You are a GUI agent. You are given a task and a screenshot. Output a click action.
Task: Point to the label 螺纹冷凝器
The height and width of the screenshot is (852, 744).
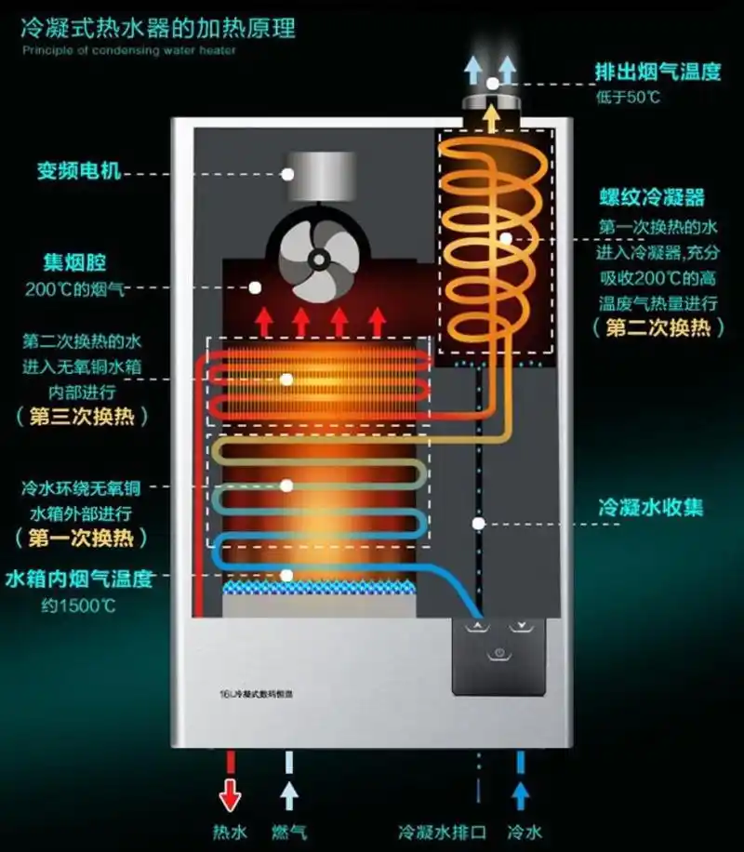click(651, 197)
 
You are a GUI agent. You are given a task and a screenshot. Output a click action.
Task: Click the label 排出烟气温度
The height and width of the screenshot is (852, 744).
click(658, 72)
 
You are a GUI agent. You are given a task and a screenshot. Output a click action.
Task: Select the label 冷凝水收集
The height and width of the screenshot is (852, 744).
click(650, 508)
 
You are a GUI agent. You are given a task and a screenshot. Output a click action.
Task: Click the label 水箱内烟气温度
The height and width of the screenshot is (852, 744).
click(78, 579)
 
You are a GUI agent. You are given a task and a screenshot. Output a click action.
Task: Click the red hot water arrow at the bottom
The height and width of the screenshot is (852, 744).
click(228, 791)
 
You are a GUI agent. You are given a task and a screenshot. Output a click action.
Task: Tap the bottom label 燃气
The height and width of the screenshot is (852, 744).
click(289, 831)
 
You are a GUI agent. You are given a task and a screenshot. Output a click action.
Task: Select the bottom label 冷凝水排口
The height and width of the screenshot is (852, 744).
click(440, 831)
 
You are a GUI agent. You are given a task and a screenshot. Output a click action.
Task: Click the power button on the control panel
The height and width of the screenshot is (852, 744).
click(499, 653)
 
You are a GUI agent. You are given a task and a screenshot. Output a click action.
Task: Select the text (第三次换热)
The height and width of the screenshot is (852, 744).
click(82, 416)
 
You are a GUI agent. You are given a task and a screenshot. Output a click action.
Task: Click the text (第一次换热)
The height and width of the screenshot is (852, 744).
click(82, 538)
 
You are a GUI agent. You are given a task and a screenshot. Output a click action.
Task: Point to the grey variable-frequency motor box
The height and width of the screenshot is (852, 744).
click(317, 174)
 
